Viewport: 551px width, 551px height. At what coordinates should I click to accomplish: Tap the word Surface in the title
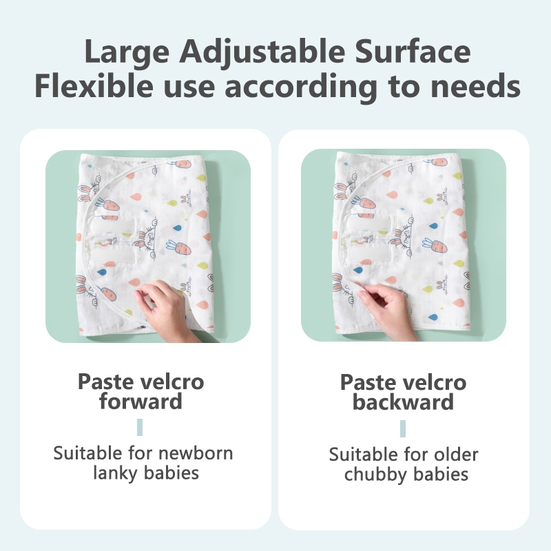coord(413,51)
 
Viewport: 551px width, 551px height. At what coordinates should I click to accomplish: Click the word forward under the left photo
coord(141,401)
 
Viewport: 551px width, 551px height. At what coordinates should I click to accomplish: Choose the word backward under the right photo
coord(403,402)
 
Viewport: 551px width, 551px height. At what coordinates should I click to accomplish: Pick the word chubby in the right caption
coord(373,475)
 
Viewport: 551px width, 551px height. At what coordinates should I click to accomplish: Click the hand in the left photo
coord(165,309)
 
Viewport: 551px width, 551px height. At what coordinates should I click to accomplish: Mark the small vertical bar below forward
coord(140,427)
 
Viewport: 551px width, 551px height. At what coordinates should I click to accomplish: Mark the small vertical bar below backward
coord(403,428)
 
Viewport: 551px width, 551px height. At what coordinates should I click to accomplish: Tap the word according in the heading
coord(301,87)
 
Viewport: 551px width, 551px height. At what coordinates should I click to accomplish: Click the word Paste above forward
coord(105,382)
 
